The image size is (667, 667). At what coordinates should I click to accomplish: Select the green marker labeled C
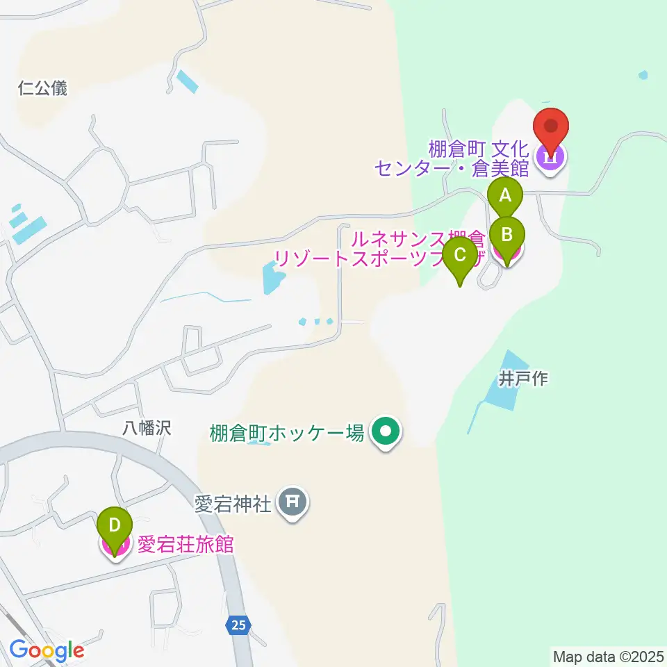(460, 254)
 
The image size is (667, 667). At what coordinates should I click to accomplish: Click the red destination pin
(551, 127)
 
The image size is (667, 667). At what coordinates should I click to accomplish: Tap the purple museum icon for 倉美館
(551, 159)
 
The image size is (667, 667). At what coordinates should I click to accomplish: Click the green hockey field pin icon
(384, 433)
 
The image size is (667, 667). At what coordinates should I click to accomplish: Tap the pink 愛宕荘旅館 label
(185, 544)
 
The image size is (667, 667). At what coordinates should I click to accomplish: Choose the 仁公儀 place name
(44, 88)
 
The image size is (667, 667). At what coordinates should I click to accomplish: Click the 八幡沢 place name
(147, 428)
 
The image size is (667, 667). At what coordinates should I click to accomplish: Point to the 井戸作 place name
(523, 379)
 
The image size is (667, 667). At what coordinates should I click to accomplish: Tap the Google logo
(47, 651)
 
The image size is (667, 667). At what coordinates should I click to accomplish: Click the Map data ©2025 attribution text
(608, 656)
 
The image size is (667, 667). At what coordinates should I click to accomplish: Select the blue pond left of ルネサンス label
(272, 279)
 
